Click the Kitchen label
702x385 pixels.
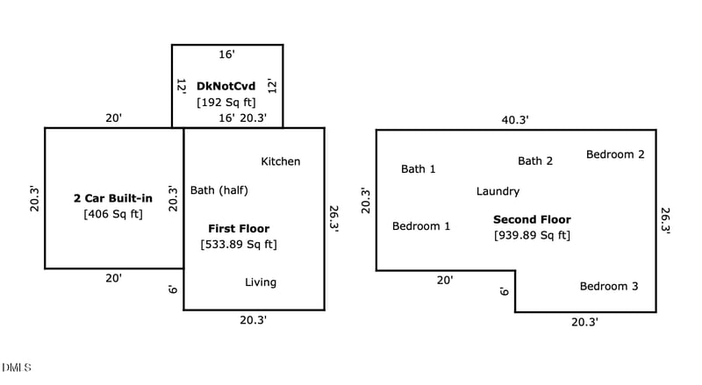click(281, 161)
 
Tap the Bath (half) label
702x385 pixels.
click(218, 190)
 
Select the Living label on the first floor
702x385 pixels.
click(261, 282)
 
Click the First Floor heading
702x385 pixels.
click(239, 229)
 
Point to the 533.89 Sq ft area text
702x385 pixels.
click(239, 245)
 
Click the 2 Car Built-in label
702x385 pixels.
click(113, 198)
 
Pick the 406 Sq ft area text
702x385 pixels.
click(113, 214)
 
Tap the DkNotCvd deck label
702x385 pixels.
click(226, 86)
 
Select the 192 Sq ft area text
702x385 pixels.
click(226, 102)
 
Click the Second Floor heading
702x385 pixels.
click(532, 219)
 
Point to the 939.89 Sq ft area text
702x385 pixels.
click(532, 235)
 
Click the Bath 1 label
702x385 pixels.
click(419, 169)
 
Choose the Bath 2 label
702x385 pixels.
click(535, 161)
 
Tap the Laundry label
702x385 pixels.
click(498, 191)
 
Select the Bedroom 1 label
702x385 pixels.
click(421, 226)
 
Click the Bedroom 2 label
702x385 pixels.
click(615, 154)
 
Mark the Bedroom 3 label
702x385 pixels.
click(609, 287)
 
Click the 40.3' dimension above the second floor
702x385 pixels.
click(515, 120)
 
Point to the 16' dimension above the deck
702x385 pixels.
click(226, 54)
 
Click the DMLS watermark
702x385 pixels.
click(16, 367)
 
